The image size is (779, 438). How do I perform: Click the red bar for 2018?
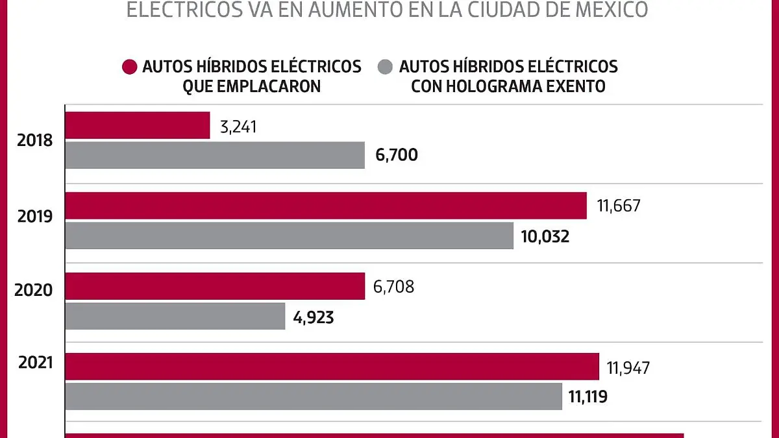[x=138, y=125]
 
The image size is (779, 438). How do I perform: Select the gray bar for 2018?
[x=215, y=155]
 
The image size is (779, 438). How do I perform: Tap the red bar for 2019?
[x=326, y=205]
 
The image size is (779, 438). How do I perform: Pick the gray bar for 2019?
[x=290, y=236]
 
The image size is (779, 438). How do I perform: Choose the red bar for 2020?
[x=215, y=286]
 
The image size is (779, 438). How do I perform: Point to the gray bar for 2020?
[x=175, y=316]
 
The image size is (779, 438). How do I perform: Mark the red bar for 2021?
[x=332, y=367]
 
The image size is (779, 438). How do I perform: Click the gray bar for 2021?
[x=314, y=396]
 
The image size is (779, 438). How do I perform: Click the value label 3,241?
[x=239, y=127]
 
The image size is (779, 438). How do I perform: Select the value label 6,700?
[x=396, y=156]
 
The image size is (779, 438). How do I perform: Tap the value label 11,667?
[x=619, y=206]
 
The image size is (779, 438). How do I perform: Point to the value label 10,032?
[x=545, y=236]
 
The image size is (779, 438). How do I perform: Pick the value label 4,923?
[x=315, y=317]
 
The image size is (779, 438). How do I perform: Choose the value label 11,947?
[x=628, y=368]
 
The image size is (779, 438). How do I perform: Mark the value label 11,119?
[x=587, y=397]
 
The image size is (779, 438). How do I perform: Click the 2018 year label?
[x=35, y=140]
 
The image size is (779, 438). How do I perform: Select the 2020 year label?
[x=34, y=290]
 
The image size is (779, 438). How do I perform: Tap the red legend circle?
[x=130, y=66]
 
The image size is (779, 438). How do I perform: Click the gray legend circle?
[x=386, y=66]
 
